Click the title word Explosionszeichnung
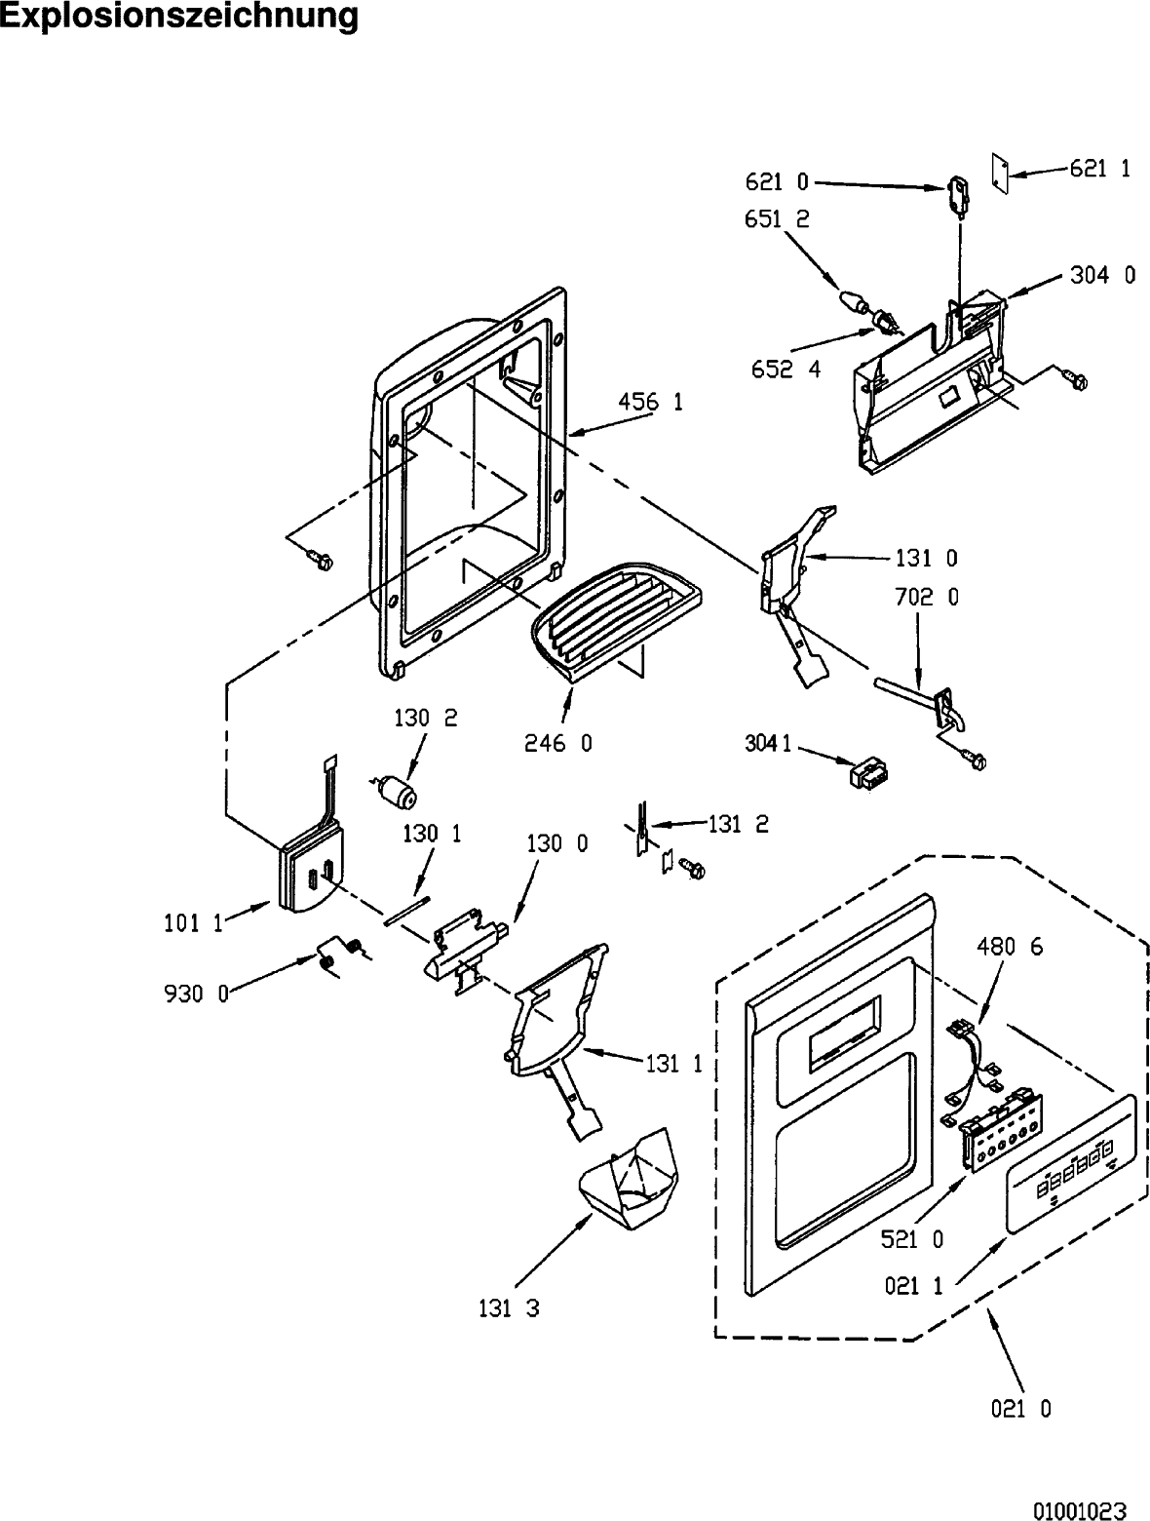[x=178, y=16]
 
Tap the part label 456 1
[x=650, y=401]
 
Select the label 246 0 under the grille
[x=558, y=744]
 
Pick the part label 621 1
[x=1100, y=169]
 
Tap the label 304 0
[x=1102, y=275]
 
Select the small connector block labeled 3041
[x=869, y=773]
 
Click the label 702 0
[x=927, y=597]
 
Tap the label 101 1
[x=193, y=923]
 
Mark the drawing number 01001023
[x=1080, y=1505]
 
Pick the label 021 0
[x=1020, y=1409]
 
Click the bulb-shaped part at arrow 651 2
[x=854, y=302]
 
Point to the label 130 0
[x=556, y=844]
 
